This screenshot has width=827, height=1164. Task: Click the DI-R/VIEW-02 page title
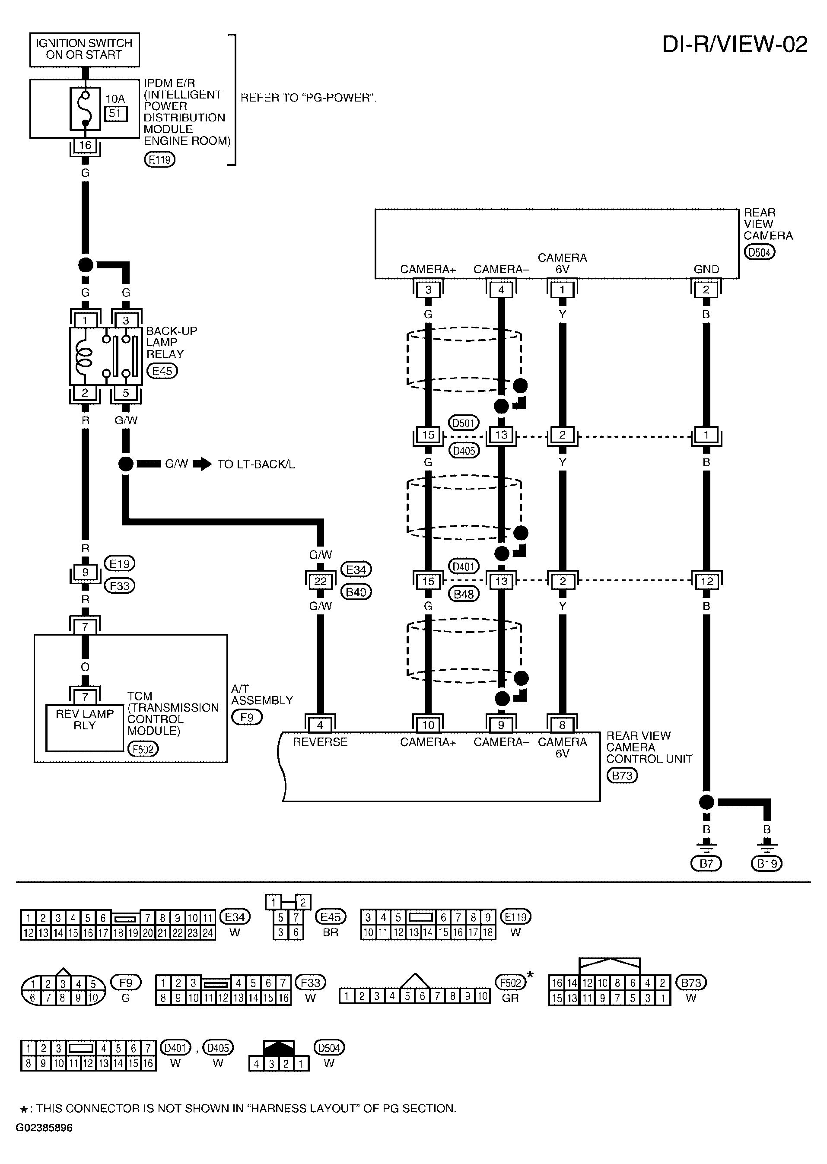click(735, 45)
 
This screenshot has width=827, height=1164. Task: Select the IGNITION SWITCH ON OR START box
click(85, 49)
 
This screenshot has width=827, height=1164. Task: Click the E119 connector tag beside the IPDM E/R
click(159, 160)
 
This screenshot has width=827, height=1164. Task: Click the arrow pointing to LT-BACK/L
click(202, 464)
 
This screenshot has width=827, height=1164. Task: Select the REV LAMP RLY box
click(85, 728)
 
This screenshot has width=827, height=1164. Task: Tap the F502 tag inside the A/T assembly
click(143, 749)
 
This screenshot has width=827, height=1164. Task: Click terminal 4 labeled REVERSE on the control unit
click(320, 725)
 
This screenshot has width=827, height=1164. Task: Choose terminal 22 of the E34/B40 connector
click(320, 581)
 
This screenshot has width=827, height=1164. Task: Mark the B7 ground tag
click(706, 864)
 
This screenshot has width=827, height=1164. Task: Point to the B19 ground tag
click(767, 864)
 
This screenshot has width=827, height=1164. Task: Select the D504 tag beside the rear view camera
click(759, 252)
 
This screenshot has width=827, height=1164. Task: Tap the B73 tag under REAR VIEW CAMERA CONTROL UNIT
click(622, 776)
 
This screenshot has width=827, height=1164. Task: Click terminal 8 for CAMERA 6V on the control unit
click(562, 725)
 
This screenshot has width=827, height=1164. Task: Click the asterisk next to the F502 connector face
click(530, 975)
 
